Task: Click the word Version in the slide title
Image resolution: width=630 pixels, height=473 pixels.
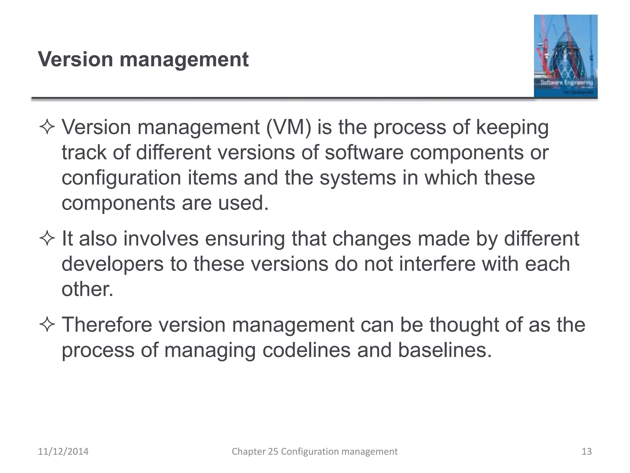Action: pos(75,59)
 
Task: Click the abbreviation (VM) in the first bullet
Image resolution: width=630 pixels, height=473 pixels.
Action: pos(289,127)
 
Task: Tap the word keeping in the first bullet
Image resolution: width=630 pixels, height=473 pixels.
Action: pos(512,128)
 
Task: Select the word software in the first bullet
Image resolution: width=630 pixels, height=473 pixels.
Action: pos(364,152)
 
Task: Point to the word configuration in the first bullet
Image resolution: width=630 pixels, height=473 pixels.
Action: pos(121,178)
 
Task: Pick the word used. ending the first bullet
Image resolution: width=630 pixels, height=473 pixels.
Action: pos(243,203)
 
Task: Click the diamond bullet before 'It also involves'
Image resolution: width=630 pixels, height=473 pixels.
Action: pos(47,239)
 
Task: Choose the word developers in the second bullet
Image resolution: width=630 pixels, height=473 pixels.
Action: pos(113,264)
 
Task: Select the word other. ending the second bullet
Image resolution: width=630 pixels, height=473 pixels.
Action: pos(87,289)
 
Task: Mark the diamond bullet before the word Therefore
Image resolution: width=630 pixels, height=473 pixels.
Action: pos(47,325)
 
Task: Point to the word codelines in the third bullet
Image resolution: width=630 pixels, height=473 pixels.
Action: pos(306,350)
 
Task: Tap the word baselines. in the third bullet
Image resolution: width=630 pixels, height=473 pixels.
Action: pos(445,350)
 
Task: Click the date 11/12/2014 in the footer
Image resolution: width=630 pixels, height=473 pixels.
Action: pos(63,451)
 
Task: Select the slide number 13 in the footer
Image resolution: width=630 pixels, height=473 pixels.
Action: pos(587,451)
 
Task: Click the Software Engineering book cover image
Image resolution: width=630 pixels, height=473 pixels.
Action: pos(565,56)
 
